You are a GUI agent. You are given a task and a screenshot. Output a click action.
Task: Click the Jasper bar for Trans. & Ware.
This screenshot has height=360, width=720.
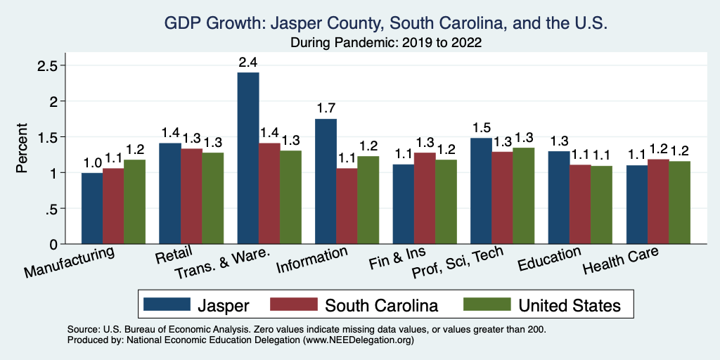point(248,158)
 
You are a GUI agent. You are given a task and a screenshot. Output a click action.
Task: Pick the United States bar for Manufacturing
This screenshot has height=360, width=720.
point(134,202)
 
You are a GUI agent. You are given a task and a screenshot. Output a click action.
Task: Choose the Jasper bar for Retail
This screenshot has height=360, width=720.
point(170,193)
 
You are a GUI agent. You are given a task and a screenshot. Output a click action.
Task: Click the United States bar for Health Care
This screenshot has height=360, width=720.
point(679,202)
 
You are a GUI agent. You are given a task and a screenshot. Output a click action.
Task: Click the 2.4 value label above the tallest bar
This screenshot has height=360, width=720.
point(248,62)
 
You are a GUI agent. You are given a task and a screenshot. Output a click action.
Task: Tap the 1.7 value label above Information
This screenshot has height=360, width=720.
point(326,108)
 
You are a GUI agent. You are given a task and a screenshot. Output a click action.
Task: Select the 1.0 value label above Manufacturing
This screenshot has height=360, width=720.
point(92,162)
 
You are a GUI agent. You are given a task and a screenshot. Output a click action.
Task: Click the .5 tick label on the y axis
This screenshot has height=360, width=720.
point(51,209)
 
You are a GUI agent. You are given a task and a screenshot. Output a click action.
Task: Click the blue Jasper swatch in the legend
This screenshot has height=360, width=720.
point(167,304)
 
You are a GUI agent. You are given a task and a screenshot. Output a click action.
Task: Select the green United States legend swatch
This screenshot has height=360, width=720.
point(487,304)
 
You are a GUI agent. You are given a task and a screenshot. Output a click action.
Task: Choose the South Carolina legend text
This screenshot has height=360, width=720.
point(381,305)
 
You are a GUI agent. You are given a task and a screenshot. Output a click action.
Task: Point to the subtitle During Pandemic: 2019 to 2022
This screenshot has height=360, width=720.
point(385,43)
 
